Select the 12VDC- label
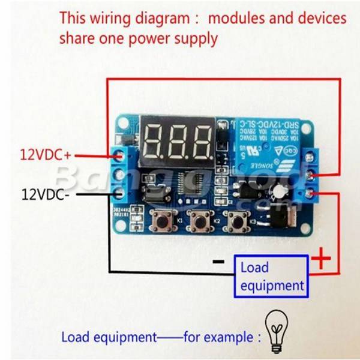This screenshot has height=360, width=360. [46, 194]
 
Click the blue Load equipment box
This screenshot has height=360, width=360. [271, 276]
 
